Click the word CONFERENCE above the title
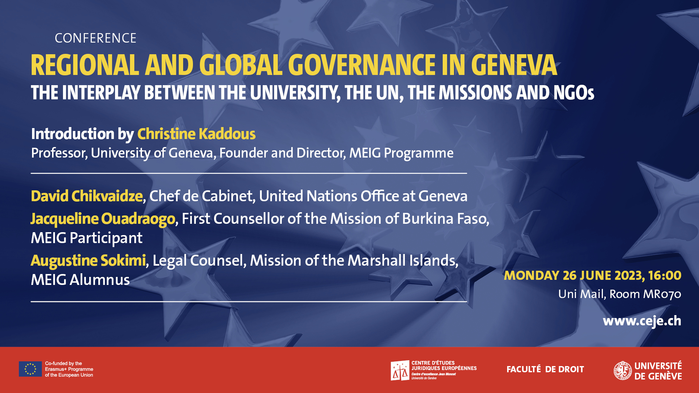[95, 38]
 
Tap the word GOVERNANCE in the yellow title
[362, 65]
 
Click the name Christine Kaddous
[196, 134]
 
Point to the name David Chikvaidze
[87, 196]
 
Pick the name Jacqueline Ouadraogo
[103, 219]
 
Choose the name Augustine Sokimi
[88, 261]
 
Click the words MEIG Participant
[87, 238]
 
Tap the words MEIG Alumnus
[80, 280]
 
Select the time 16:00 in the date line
[665, 275]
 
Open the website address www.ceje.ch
[642, 321]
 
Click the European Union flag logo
[30, 369]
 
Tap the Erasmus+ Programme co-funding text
[69, 369]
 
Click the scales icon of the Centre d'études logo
[400, 371]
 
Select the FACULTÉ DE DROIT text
[545, 369]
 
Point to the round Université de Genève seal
[623, 370]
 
